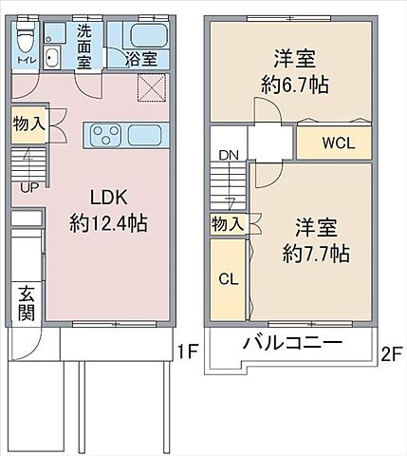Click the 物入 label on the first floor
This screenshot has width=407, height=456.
[x=28, y=123]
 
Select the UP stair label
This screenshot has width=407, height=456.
[x=28, y=186]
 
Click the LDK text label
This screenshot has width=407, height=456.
[x=107, y=198]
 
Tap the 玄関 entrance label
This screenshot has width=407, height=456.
[x=26, y=302]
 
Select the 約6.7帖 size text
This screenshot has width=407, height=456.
[x=295, y=84]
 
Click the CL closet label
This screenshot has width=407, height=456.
[x=229, y=279]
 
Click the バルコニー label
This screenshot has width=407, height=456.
[x=292, y=344]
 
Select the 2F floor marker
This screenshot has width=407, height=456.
[x=390, y=352]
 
